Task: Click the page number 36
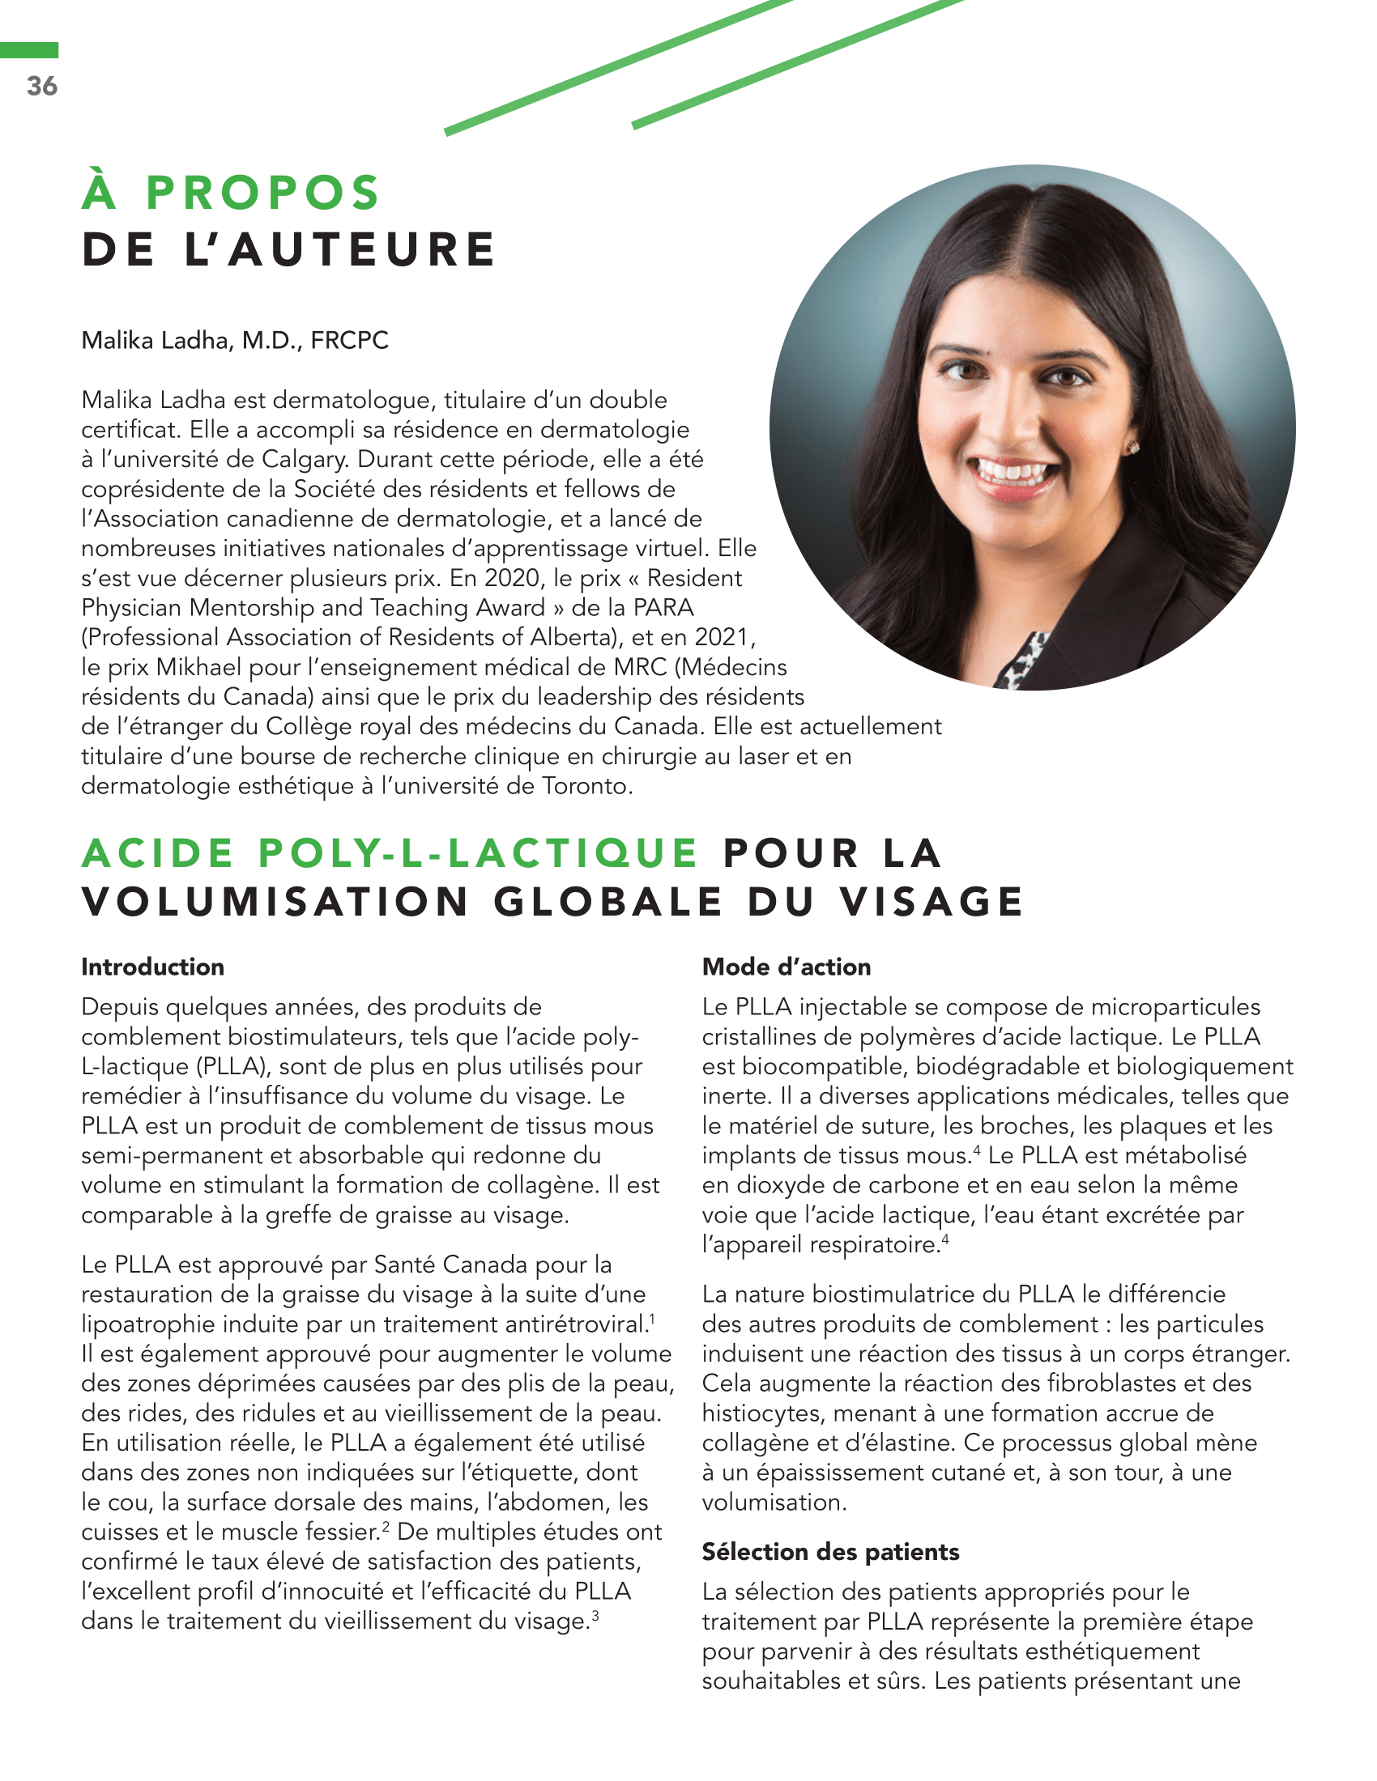[x=41, y=86]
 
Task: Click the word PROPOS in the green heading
[x=262, y=193]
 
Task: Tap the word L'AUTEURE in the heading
[x=340, y=249]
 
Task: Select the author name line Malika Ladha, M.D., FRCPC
[x=235, y=340]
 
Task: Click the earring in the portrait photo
[x=1132, y=448]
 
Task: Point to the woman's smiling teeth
[x=1013, y=471]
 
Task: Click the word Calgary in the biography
[x=305, y=459]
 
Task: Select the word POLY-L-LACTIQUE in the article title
[x=477, y=854]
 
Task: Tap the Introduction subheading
[x=152, y=967]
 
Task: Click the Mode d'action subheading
[x=787, y=967]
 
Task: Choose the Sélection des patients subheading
[x=830, y=1552]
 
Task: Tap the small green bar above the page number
[x=29, y=50]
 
